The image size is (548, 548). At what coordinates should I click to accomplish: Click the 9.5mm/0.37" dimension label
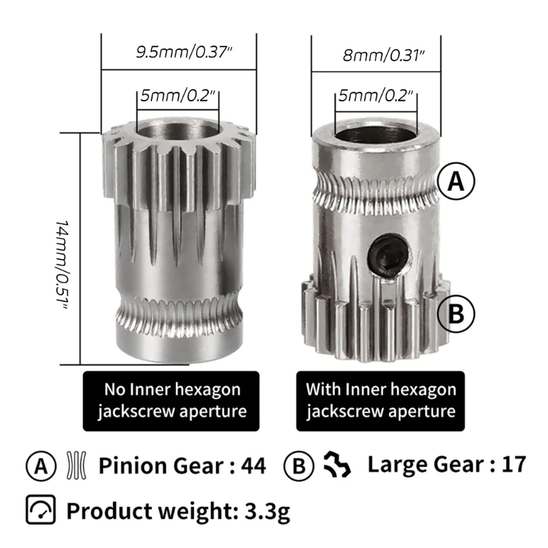coord(184,53)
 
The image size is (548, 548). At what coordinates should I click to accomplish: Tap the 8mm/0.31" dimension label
coord(384,55)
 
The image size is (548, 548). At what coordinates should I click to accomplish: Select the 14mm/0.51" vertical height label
coord(63,264)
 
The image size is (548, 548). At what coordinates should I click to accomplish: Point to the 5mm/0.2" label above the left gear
coord(177,96)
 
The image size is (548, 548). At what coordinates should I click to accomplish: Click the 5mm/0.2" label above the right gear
coord(375,96)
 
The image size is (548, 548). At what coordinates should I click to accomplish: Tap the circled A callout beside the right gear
coord(456,181)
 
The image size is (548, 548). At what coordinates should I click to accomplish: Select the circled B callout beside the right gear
coord(456,314)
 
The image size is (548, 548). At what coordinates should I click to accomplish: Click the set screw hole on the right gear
coord(388,256)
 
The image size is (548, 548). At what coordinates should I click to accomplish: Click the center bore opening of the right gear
coord(376,135)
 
